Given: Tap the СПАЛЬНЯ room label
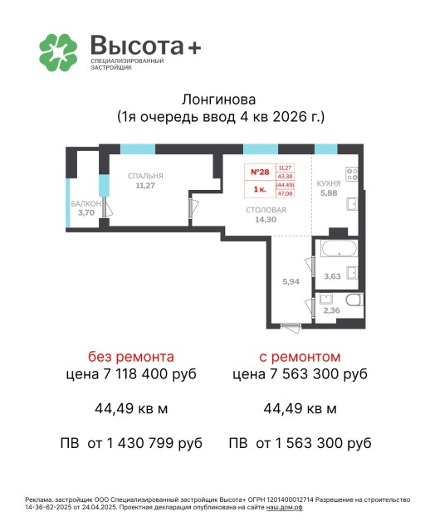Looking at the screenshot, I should [145, 176].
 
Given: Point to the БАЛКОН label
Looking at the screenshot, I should [85, 203].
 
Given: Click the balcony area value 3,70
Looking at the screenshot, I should [85, 212].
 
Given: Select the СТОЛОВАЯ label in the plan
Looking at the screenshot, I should [266, 210].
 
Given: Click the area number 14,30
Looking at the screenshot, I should [266, 220].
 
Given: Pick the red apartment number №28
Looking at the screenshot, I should [259, 172].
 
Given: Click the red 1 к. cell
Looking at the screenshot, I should [259, 189].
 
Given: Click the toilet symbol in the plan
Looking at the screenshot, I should [352, 303].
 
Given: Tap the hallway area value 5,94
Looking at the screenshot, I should [291, 282].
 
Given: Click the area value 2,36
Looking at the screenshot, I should [330, 311].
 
